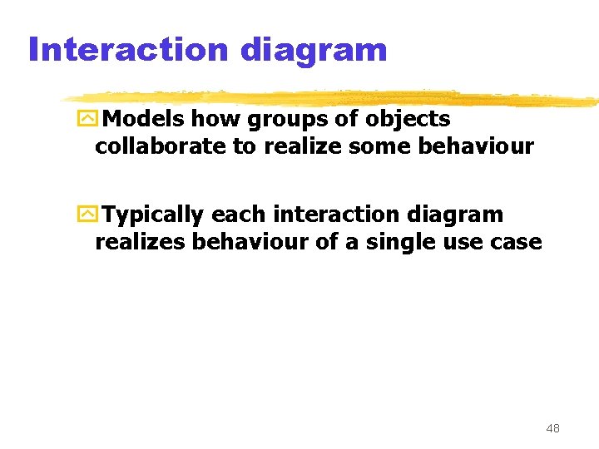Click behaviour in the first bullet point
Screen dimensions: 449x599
(479, 146)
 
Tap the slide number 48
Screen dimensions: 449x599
(552, 429)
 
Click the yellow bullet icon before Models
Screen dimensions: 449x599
(87, 120)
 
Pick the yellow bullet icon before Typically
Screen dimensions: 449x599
(87, 215)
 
